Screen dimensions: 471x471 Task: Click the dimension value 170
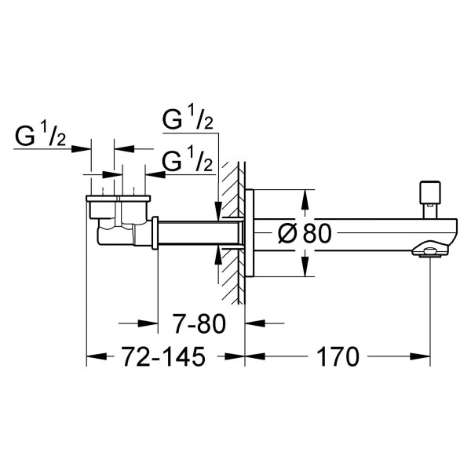tap(339, 356)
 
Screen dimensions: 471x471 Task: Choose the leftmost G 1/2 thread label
tap(42, 139)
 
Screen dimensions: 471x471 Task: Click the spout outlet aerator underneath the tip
tap(429, 252)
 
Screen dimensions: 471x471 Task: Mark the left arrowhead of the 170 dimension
tap(253, 357)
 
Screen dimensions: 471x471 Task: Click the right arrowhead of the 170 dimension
tap(423, 357)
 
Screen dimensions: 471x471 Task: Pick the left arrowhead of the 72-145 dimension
tap(93, 357)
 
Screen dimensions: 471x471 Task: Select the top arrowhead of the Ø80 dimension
tap(303, 195)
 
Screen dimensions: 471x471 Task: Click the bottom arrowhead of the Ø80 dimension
tap(303, 270)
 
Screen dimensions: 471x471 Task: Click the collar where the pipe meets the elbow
tap(155, 233)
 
